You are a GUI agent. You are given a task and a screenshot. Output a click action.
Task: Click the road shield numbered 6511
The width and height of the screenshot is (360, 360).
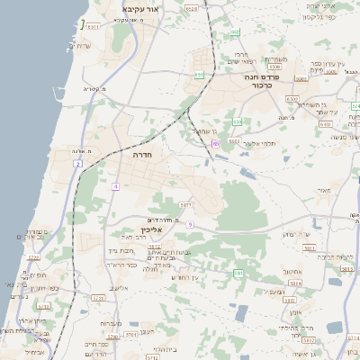94,27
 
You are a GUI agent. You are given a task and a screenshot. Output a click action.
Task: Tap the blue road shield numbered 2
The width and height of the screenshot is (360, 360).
79,164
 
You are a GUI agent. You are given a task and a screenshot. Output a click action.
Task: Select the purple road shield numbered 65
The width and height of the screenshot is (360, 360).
216,143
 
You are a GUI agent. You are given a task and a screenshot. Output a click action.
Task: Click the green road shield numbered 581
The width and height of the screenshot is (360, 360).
238,272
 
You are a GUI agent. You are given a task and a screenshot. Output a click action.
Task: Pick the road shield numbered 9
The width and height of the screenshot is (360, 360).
191,223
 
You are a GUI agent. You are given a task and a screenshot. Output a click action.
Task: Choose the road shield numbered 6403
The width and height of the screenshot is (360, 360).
324,123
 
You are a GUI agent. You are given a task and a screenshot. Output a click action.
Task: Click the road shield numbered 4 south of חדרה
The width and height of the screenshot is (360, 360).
115,186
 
